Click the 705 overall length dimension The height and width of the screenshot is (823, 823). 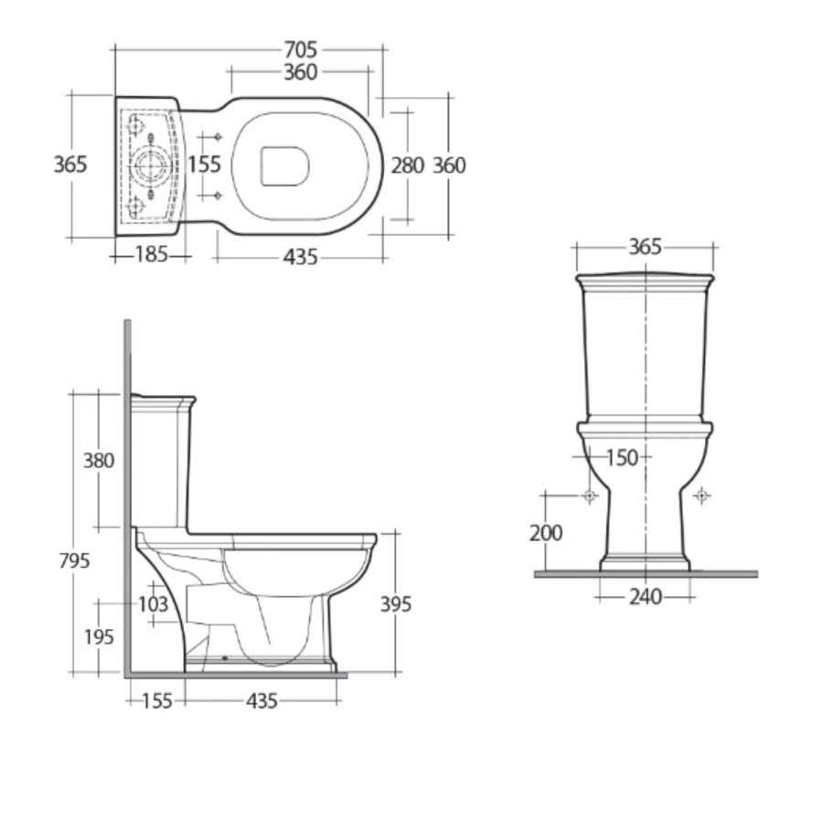[300, 49]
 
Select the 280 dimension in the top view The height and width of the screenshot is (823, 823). [407, 166]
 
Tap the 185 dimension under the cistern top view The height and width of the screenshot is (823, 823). [151, 255]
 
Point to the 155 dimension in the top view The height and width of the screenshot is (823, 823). [205, 165]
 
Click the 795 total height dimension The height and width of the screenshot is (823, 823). [73, 560]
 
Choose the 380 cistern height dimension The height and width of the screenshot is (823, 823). [99, 460]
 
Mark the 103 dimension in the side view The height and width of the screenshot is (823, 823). [154, 604]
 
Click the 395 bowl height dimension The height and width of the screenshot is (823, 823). [395, 604]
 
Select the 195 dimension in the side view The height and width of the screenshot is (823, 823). [98, 637]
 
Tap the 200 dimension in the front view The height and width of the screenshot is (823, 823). [546, 532]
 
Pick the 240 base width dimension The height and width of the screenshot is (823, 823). [645, 597]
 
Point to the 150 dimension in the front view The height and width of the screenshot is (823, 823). [622, 457]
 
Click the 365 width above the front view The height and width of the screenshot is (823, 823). [646, 247]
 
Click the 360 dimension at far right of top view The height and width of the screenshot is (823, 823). [449, 166]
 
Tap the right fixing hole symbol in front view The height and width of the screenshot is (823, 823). [701, 496]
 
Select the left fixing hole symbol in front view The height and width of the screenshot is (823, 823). [590, 496]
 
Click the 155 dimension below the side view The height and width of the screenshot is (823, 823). [156, 701]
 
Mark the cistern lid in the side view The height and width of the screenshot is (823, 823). [163, 401]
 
